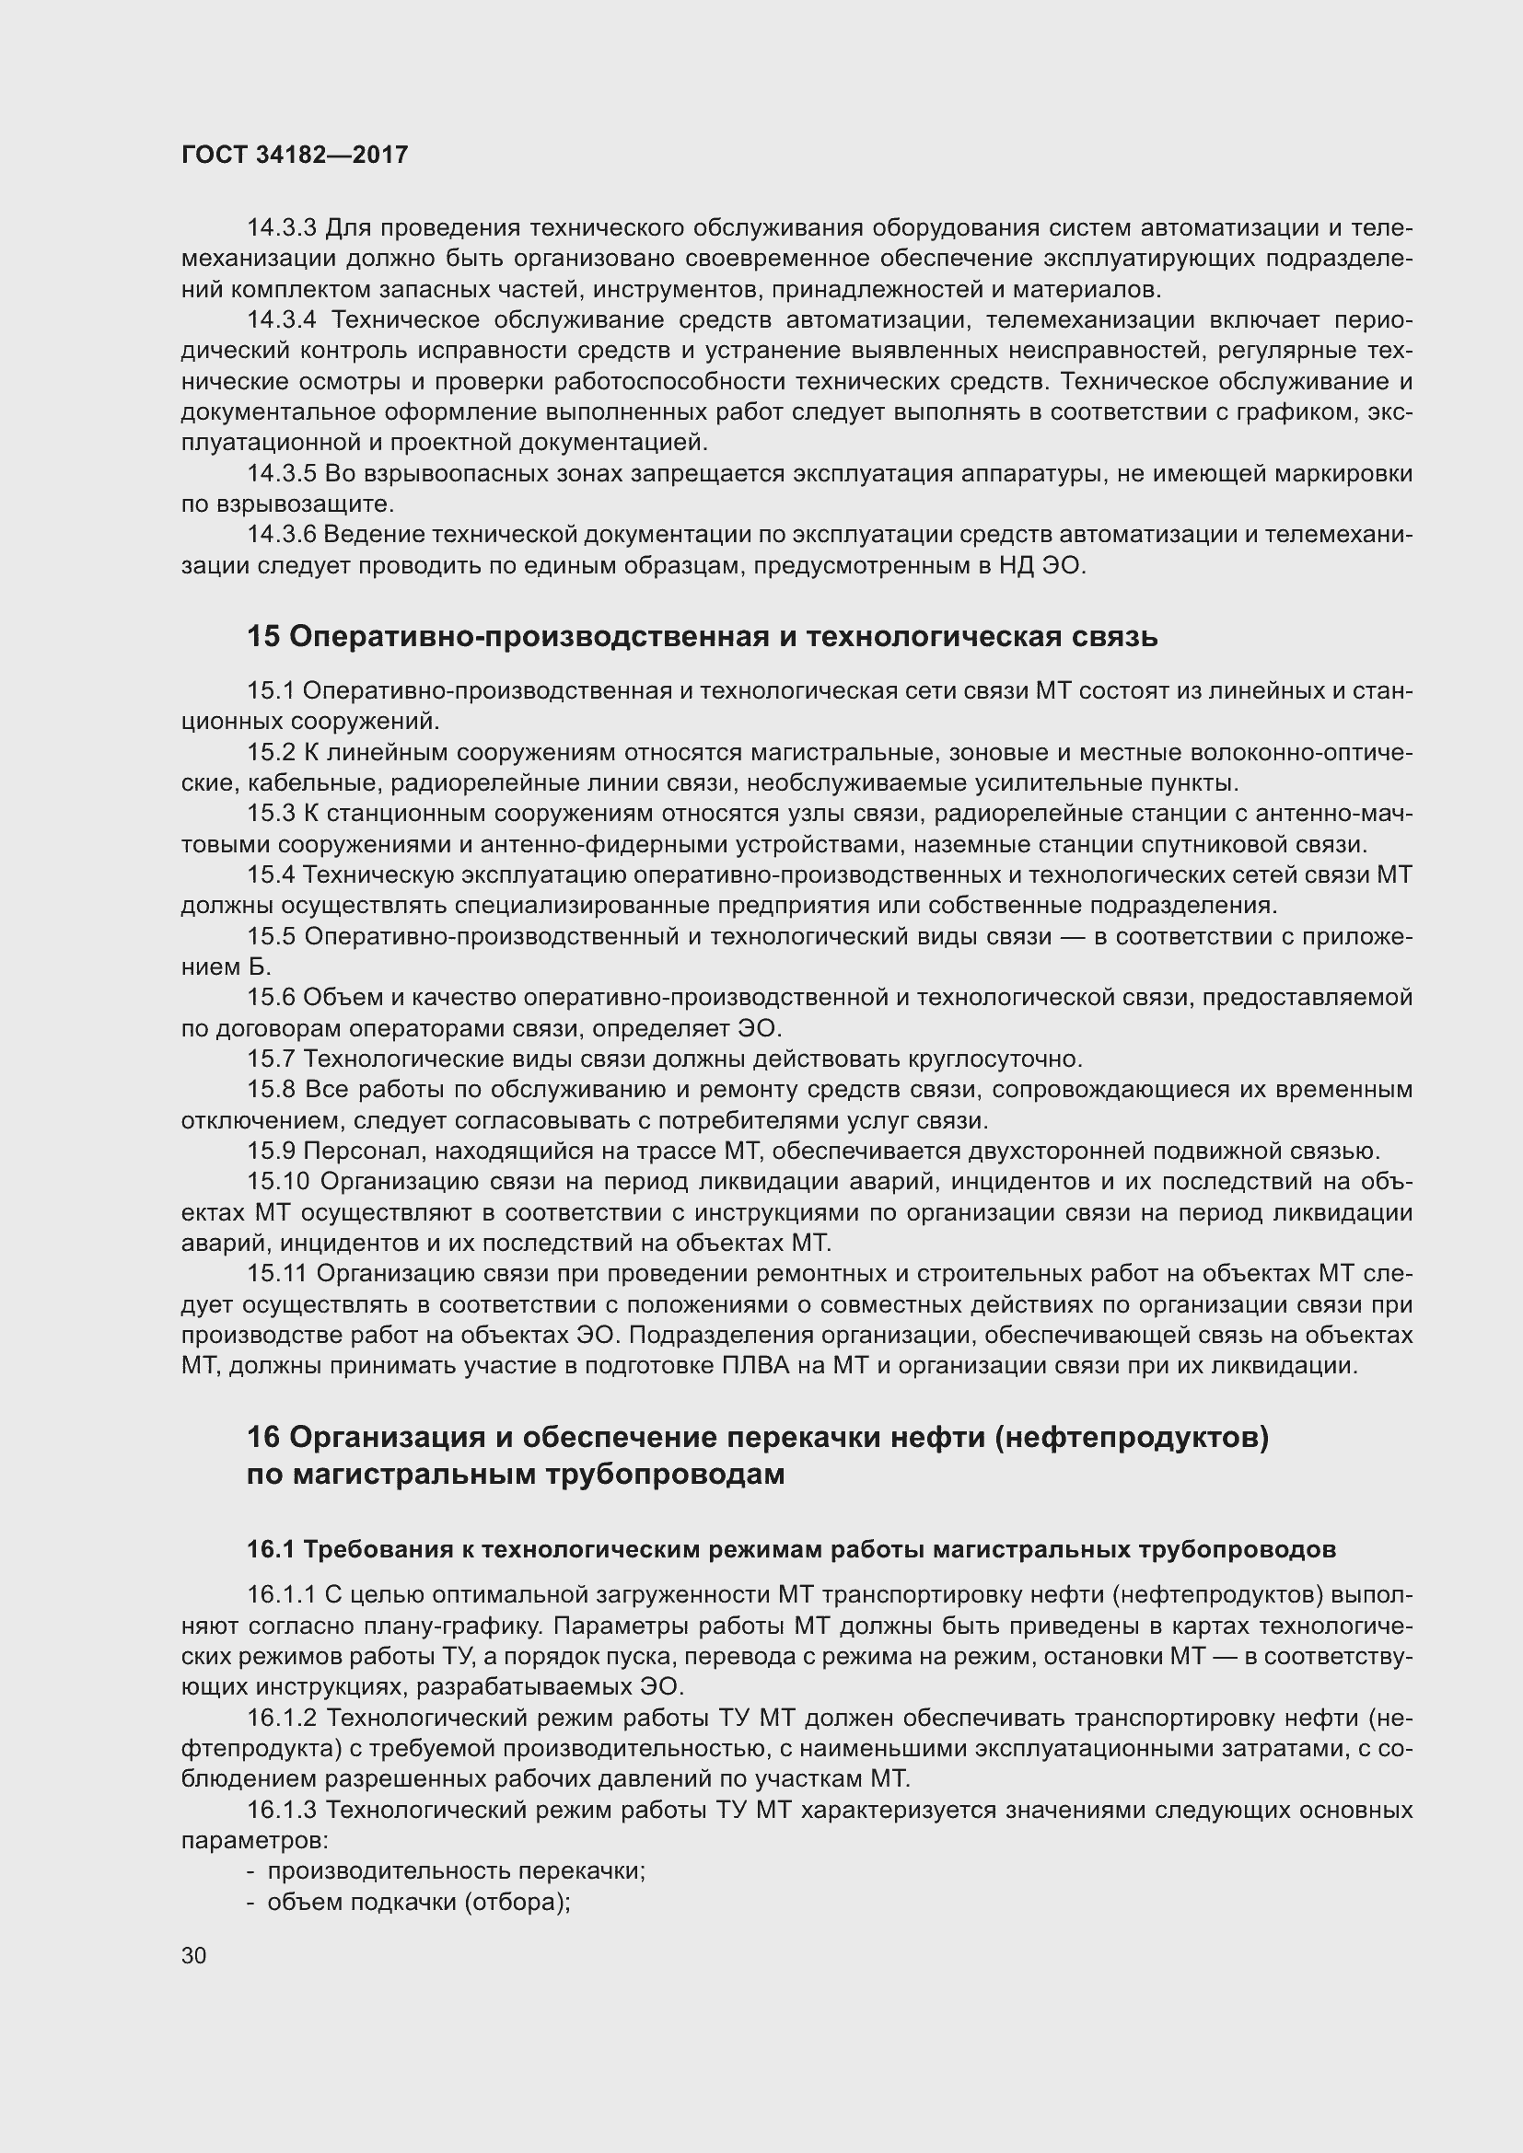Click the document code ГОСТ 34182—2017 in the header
tap(295, 155)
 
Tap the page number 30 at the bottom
tap(194, 1955)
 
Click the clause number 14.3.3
tap(282, 228)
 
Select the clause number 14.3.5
tap(282, 473)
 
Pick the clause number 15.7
tap(271, 1059)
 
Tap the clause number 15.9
tap(271, 1151)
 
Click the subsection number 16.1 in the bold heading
tap(271, 1549)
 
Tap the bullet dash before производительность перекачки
tap(251, 1870)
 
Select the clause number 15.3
tap(271, 813)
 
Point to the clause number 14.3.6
tap(282, 535)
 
